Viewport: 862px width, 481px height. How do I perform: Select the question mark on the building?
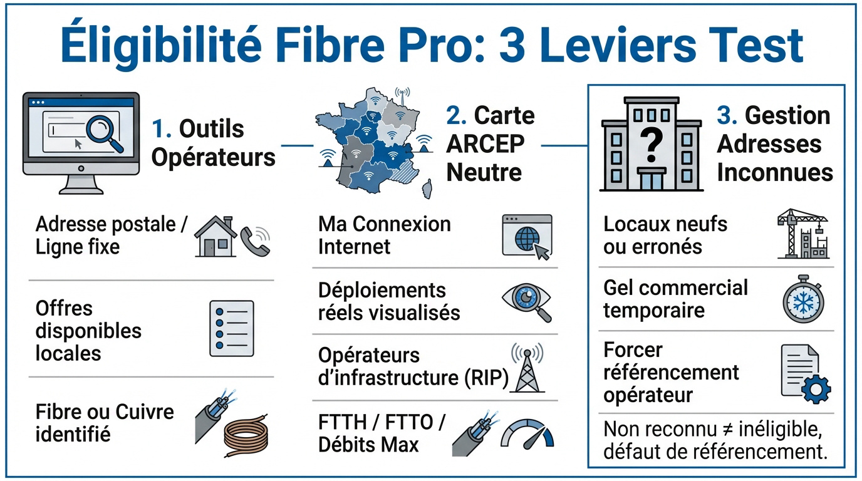pyautogui.click(x=652, y=145)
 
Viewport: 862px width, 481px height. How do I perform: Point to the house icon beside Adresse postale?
pyautogui.click(x=215, y=237)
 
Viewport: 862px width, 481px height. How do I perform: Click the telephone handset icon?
pyautogui.click(x=256, y=240)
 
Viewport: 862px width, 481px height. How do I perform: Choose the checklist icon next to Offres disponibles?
pyautogui.click(x=231, y=328)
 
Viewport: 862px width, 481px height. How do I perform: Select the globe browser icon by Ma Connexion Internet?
pyautogui.click(x=527, y=235)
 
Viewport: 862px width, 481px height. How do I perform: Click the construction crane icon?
pyautogui.click(x=802, y=235)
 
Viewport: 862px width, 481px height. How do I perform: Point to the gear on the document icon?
pyautogui.click(x=816, y=390)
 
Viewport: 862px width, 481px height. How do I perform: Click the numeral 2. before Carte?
pyautogui.click(x=456, y=116)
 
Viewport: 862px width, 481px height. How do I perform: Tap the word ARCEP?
pyautogui.click(x=485, y=143)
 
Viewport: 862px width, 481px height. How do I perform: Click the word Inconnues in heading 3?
pyautogui.click(x=774, y=172)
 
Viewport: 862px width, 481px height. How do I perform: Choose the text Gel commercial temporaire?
pyautogui.click(x=675, y=299)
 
